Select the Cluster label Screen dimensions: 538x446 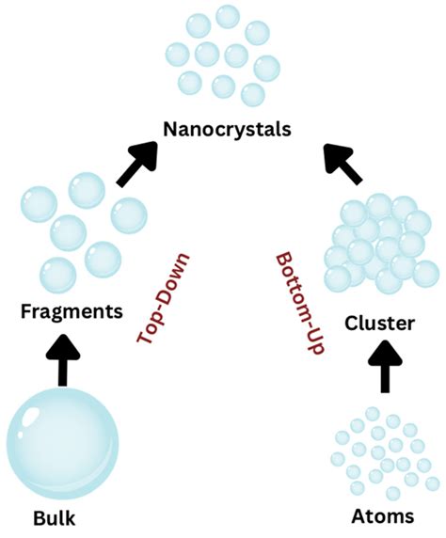click(x=379, y=324)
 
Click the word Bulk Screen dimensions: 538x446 click(x=54, y=518)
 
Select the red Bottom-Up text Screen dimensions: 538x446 click(x=299, y=301)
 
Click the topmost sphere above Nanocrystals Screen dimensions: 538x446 click(x=228, y=16)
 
